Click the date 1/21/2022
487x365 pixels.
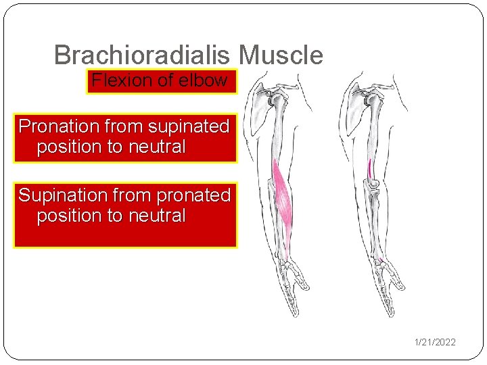[435, 342]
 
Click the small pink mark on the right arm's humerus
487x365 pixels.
[370, 167]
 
